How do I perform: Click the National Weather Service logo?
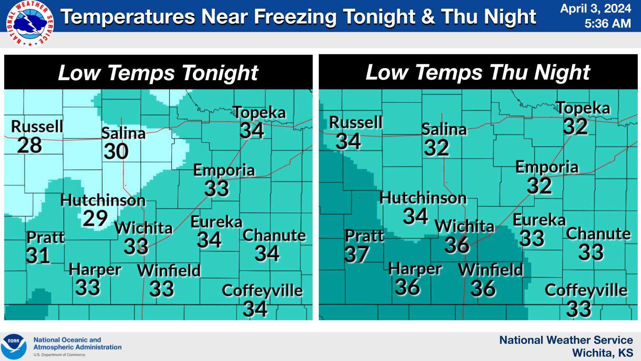coord(30,23)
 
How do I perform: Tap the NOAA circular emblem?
coord(14,346)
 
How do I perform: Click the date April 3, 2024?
coord(595,8)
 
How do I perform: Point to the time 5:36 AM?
coord(607,23)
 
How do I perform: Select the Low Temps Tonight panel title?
coord(158,72)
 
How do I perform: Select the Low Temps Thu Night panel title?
coord(477,72)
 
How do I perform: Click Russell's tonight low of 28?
coord(30,145)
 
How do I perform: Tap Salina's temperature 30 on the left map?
coord(116,151)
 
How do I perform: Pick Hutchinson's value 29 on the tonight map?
coord(95,218)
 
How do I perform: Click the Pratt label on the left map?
coord(45,237)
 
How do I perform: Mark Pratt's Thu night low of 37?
coord(356,254)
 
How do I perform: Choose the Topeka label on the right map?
coord(583,108)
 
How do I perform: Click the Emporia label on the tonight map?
coord(224,170)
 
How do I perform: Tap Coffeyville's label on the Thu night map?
coord(585,290)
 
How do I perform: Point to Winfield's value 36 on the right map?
coord(483,288)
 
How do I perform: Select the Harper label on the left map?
coord(95,269)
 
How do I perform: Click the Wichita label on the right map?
coord(464,226)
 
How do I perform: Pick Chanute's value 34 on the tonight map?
coord(267,253)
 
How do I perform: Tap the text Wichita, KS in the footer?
coord(602,353)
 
